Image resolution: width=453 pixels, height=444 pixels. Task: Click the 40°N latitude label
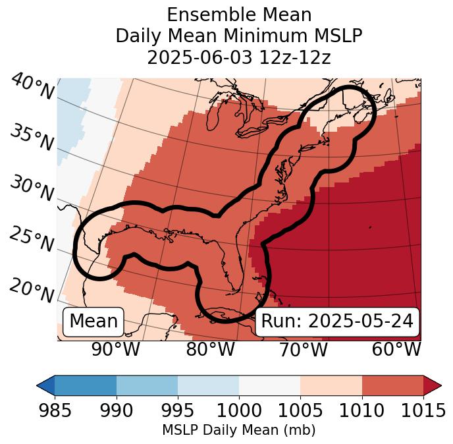[x=32, y=87]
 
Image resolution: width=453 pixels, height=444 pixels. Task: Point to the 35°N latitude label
[x=32, y=137]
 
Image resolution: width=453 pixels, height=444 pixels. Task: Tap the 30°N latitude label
[x=32, y=188]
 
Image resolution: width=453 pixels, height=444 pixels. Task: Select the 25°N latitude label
[x=32, y=239]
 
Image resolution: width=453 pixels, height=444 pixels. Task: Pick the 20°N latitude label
[x=32, y=290]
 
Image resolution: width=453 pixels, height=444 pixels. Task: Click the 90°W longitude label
[x=115, y=349]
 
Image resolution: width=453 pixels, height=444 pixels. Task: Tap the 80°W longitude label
[x=210, y=349]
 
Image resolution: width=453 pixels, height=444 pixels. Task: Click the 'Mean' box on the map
[x=93, y=321]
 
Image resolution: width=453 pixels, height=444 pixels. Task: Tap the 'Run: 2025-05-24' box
[x=337, y=321]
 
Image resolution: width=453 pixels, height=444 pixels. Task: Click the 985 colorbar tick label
[x=55, y=410]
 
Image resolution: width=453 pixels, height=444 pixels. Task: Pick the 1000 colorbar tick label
[x=239, y=410]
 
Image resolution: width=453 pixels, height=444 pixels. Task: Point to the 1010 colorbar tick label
[x=361, y=410]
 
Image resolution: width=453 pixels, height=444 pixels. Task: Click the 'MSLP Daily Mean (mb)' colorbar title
[x=238, y=430]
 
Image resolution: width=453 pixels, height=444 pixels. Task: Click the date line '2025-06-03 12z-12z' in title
[x=239, y=57]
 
